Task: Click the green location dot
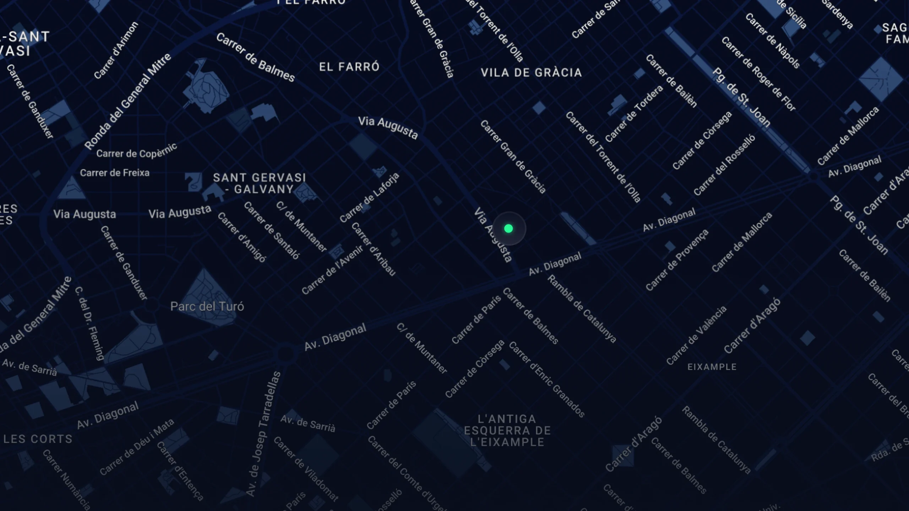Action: click(x=508, y=229)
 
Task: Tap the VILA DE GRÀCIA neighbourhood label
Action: click(x=531, y=73)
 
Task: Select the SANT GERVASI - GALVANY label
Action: click(x=260, y=183)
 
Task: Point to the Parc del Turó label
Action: click(x=207, y=306)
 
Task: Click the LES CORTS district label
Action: click(x=38, y=439)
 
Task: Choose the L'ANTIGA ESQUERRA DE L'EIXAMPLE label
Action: click(x=507, y=430)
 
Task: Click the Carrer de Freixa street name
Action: click(x=115, y=173)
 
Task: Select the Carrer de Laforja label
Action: click(x=369, y=198)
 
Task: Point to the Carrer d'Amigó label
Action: click(x=242, y=237)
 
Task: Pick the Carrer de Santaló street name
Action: click(x=272, y=230)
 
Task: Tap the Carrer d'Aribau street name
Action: click(x=374, y=249)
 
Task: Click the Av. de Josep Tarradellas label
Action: click(x=263, y=434)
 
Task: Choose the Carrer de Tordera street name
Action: click(x=634, y=114)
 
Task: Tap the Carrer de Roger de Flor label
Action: click(x=758, y=74)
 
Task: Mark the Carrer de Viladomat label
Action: click(x=306, y=469)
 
